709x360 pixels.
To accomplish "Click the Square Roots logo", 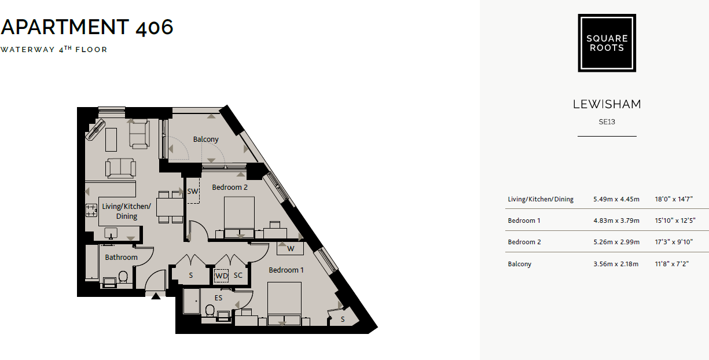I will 607,43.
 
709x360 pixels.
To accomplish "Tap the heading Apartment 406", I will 87,27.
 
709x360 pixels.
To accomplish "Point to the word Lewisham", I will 607,105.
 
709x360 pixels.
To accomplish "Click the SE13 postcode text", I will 607,122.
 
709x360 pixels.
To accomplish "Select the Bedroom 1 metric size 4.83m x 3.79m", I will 616,221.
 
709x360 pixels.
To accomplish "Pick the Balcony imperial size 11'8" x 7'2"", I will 674,264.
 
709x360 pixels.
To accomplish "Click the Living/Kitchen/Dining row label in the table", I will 541,199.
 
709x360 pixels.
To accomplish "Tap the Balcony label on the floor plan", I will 205,139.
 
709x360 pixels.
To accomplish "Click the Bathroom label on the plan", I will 121,258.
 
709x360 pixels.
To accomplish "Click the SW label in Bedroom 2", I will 193,191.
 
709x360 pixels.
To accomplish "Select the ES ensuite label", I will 218,298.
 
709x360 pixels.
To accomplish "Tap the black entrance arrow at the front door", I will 156,297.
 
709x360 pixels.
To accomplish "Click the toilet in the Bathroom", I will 123,277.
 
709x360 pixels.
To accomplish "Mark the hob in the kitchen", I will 91,211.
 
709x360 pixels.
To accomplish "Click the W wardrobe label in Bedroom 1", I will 291,249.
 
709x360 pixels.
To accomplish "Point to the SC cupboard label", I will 238,275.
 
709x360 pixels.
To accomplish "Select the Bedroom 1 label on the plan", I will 286,270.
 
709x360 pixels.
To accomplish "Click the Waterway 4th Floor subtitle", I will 54,50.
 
